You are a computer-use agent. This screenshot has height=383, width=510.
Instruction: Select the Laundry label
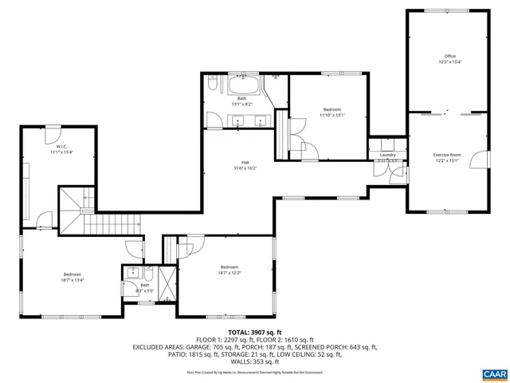point(388,155)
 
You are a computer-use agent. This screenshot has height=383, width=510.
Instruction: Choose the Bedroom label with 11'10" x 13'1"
point(331,109)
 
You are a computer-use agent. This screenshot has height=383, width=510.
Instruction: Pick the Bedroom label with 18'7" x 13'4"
point(73,274)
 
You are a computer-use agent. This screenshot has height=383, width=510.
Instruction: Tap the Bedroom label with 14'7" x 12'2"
point(229,267)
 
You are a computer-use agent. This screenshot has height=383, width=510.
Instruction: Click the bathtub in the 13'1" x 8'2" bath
point(242,85)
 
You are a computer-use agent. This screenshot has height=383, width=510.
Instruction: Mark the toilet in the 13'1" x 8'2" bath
point(212,84)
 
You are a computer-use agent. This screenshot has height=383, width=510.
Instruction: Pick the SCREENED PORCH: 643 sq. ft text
point(335,347)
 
